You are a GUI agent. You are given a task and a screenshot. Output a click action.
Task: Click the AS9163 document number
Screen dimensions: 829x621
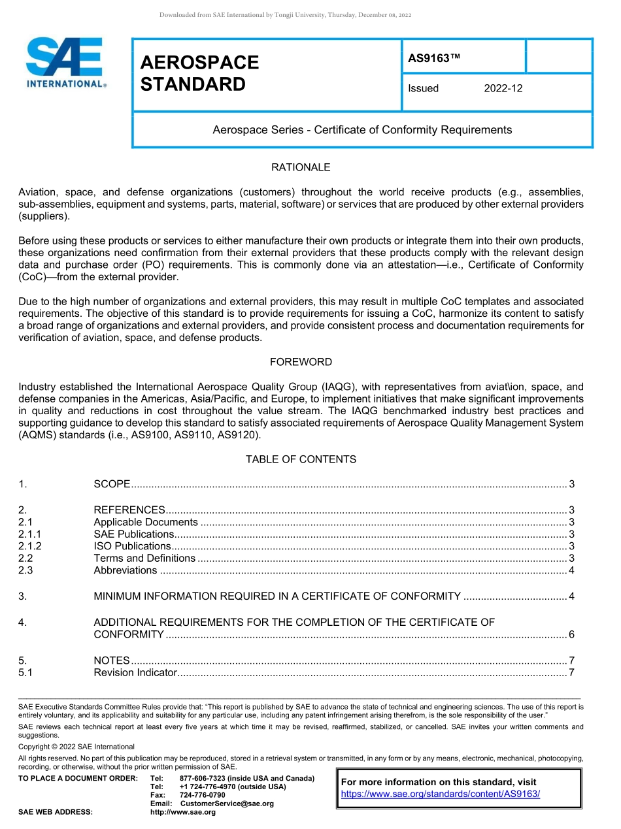point(434,58)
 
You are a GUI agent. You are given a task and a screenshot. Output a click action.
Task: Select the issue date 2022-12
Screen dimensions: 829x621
point(503,88)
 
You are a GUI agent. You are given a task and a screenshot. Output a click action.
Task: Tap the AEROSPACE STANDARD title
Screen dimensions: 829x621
point(199,73)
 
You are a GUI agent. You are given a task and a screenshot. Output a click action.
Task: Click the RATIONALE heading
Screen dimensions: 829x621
point(301,167)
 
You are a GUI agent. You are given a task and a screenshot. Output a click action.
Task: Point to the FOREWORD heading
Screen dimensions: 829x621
point(301,362)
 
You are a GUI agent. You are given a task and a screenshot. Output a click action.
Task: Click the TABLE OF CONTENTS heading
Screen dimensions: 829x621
point(301,459)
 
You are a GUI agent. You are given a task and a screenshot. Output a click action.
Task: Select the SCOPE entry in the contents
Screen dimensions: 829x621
point(112,484)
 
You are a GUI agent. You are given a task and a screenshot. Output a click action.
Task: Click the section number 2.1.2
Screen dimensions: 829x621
point(30,546)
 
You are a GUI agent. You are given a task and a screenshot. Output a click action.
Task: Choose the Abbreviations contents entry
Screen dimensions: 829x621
point(125,570)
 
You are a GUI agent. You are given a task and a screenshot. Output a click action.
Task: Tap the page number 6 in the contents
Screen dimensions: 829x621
point(571,634)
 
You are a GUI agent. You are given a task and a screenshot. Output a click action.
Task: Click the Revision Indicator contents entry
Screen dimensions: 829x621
point(135,672)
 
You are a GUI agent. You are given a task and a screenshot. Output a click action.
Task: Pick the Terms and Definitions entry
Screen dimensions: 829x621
point(144,558)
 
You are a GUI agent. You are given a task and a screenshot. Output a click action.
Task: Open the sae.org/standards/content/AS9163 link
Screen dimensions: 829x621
point(440,794)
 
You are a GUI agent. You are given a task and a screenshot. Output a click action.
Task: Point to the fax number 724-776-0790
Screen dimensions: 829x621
point(202,795)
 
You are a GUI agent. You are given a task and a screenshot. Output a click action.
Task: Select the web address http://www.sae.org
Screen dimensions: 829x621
point(182,812)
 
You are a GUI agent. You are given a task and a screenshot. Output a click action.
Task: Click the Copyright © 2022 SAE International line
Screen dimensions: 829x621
point(76,747)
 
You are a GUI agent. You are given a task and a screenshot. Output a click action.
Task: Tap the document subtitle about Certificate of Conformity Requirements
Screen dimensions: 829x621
point(362,130)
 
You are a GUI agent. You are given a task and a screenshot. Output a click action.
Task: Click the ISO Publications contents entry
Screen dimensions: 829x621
point(132,546)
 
